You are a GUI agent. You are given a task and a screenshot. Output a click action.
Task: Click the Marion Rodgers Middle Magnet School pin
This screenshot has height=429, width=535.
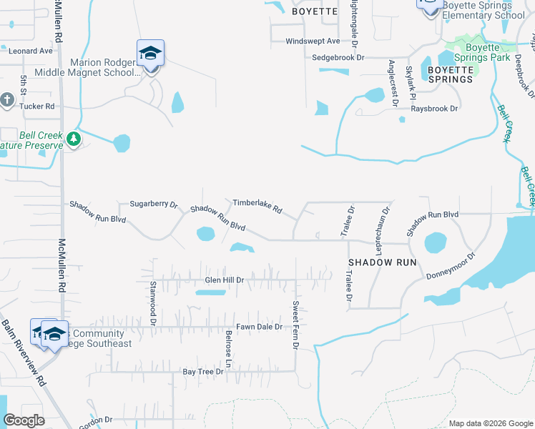(x=150, y=55)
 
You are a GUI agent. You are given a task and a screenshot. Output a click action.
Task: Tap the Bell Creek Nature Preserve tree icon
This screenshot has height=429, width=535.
(x=73, y=137)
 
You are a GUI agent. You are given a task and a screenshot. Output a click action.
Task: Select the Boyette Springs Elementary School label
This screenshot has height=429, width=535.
(x=484, y=9)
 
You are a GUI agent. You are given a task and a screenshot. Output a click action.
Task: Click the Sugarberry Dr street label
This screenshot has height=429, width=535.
(x=153, y=204)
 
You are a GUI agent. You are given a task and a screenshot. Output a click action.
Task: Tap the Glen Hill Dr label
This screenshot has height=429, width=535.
(x=225, y=280)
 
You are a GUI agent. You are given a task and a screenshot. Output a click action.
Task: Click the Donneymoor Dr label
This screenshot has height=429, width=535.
(x=451, y=266)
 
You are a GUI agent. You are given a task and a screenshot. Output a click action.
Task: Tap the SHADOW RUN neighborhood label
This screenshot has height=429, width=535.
(x=383, y=262)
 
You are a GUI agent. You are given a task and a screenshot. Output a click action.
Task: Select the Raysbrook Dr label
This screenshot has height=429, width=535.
(x=433, y=109)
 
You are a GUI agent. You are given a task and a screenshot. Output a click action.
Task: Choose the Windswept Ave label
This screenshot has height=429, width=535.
(x=313, y=41)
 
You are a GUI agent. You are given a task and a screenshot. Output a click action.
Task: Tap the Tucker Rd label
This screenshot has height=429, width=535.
(x=37, y=106)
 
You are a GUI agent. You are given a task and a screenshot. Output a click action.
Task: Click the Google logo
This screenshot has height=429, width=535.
(x=24, y=420)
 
